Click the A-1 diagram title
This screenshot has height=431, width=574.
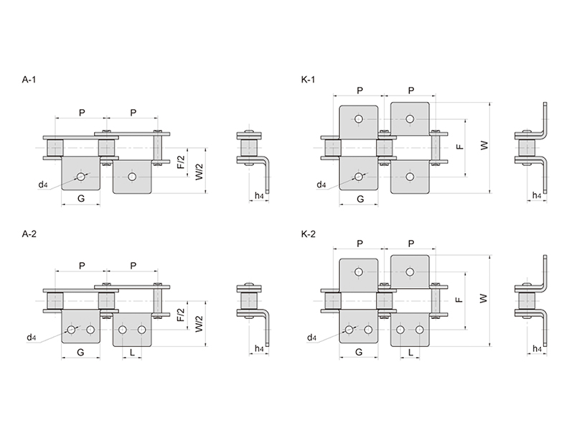click(29, 80)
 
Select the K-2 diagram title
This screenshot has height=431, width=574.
click(308, 234)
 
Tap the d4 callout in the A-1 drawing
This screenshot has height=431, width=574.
click(43, 185)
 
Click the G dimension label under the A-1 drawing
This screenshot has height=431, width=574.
click(81, 198)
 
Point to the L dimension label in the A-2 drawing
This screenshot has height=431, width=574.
click(132, 352)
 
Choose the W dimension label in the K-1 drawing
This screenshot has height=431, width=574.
click(484, 146)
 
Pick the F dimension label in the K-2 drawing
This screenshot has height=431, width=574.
click(460, 300)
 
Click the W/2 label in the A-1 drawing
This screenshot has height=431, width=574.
click(199, 171)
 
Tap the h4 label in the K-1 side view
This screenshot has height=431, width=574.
click(536, 195)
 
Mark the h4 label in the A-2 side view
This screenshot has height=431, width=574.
click(259, 348)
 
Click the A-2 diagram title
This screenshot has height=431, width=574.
click(29, 234)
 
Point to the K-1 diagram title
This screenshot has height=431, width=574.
click(308, 80)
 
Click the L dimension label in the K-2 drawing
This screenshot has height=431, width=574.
click(410, 352)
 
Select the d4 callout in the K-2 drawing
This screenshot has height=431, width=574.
click(311, 338)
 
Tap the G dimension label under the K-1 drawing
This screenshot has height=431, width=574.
click(360, 199)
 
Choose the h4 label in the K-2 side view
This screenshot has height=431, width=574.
click(537, 348)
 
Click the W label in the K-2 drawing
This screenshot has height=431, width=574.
click(484, 298)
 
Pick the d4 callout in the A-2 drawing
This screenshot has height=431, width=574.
click(32, 338)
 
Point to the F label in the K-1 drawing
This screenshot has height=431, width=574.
click(461, 147)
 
